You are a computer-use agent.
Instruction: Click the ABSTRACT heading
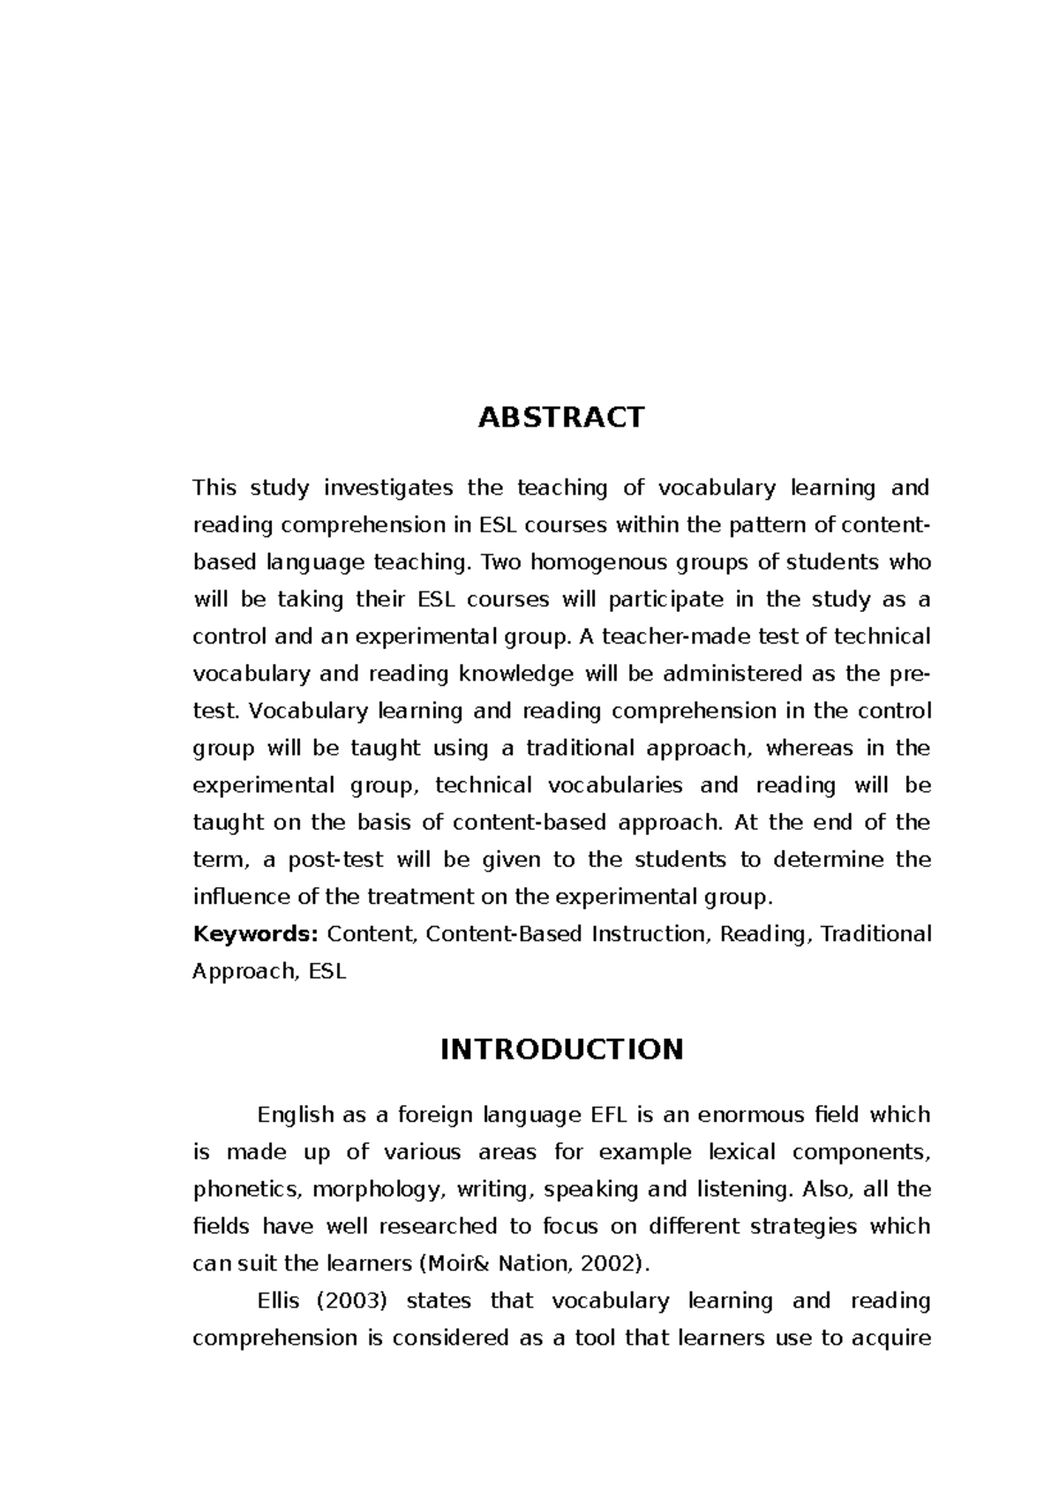tap(561, 417)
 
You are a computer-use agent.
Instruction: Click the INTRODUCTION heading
tap(561, 1050)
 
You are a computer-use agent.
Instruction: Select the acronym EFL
tap(605, 1115)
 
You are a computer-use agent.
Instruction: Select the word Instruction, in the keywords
tap(650, 934)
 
